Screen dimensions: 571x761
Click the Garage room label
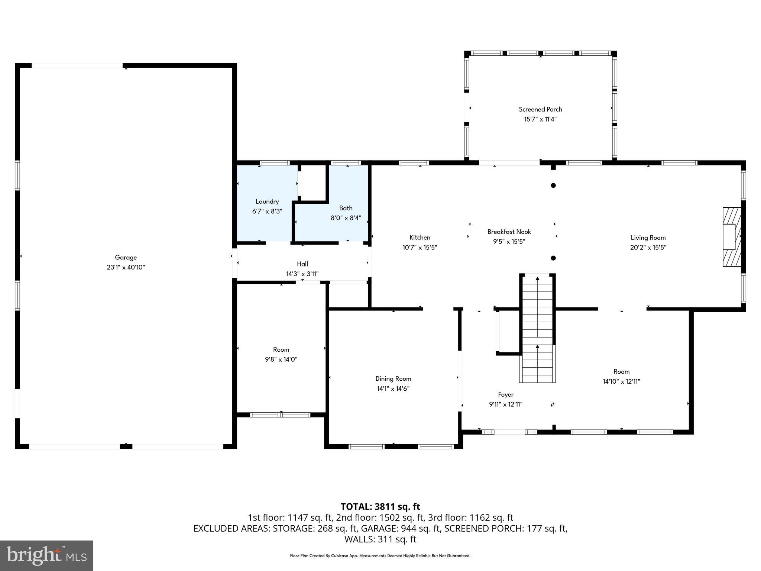click(x=126, y=257)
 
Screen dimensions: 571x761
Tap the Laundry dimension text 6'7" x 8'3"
click(x=267, y=212)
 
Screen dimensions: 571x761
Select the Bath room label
click(x=346, y=208)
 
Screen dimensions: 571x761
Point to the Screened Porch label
click(x=540, y=109)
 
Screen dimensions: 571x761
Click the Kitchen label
click(x=420, y=238)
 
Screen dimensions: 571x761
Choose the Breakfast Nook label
click(x=509, y=232)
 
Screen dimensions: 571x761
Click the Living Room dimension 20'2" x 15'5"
click(x=648, y=248)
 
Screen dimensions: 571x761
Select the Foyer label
click(x=506, y=394)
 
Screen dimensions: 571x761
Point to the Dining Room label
click(x=393, y=379)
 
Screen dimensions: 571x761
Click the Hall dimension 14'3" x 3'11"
click(x=302, y=274)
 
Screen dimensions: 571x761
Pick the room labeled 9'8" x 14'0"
click(x=281, y=354)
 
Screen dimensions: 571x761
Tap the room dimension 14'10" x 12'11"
click(x=621, y=381)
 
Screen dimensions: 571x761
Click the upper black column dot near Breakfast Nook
click(x=553, y=186)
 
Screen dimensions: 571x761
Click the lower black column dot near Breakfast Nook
click(x=553, y=258)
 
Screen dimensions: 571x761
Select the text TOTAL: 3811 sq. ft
click(x=380, y=507)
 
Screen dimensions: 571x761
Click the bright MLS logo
click(x=46, y=555)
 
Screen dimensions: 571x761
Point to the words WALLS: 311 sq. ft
click(x=380, y=539)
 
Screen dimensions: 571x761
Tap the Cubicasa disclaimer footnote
click(x=380, y=556)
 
